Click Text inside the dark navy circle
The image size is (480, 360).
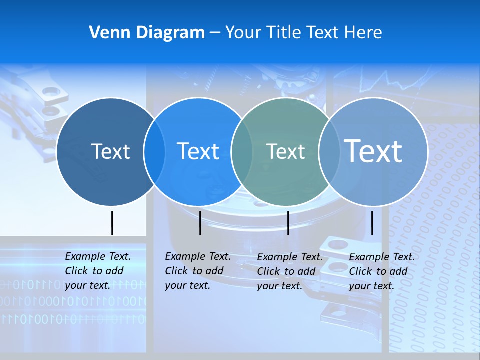tap(110, 151)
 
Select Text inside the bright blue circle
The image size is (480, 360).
tap(198, 151)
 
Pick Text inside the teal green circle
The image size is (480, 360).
tap(285, 151)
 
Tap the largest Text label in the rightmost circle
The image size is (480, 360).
tap(373, 151)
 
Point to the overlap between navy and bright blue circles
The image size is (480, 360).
tap(154, 152)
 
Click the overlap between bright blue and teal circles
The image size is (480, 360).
tap(242, 152)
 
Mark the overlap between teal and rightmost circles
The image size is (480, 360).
tap(329, 152)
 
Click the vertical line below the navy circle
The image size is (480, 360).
tap(112, 223)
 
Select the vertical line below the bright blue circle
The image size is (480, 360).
tap(200, 223)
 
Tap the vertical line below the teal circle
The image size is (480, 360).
tap(288, 223)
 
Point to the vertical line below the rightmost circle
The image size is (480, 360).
tap(372, 223)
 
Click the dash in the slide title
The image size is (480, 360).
tap(215, 33)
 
